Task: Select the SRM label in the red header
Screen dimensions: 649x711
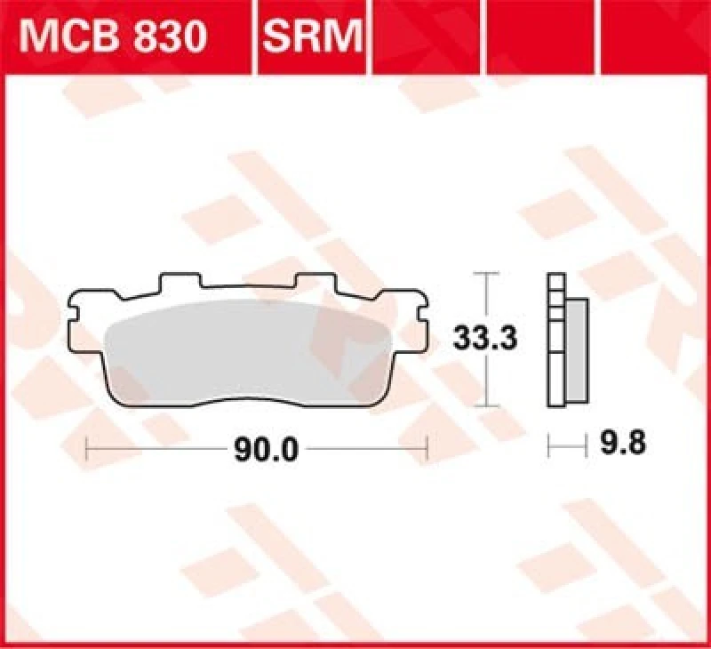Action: pyautogui.click(x=312, y=38)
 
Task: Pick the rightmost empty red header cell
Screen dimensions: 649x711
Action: pyautogui.click(x=653, y=37)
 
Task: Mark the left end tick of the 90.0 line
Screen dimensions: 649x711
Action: pyautogui.click(x=86, y=449)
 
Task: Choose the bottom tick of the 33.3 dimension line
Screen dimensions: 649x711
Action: pyautogui.click(x=484, y=405)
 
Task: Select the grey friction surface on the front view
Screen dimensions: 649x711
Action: pyautogui.click(x=249, y=351)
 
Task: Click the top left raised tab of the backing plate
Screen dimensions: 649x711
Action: pyautogui.click(x=178, y=282)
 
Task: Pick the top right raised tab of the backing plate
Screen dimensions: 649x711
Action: pyautogui.click(x=317, y=282)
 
